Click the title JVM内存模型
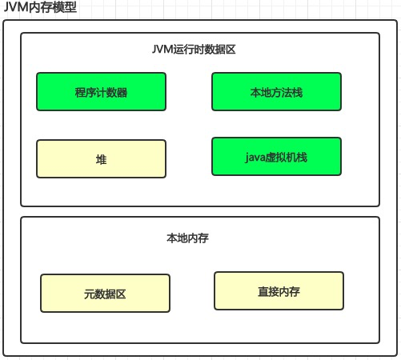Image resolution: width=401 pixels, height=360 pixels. pyautogui.click(x=40, y=7)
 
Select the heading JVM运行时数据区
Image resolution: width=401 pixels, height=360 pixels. pyautogui.click(x=194, y=50)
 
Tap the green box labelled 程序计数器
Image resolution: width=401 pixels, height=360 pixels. pyautogui.click(x=101, y=91)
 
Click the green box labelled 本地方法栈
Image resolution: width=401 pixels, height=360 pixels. pyautogui.click(x=276, y=91)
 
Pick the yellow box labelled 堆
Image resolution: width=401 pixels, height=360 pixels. pyautogui.click(x=101, y=158)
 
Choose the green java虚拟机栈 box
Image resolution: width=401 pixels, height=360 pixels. pyautogui.click(x=276, y=156)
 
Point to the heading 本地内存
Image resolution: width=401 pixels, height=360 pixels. pyautogui.click(x=187, y=238)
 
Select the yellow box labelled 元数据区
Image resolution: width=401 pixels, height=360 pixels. pyautogui.click(x=105, y=293)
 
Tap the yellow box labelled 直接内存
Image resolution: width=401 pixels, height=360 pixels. pyautogui.click(x=279, y=290)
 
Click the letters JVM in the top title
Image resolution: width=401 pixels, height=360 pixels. pyautogui.click(x=16, y=7)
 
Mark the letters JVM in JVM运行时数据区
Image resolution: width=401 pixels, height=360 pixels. pyautogui.click(x=162, y=50)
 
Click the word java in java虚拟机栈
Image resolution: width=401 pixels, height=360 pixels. pyautogui.click(x=255, y=158)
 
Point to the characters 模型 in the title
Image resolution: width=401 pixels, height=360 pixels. pyautogui.click(x=65, y=7)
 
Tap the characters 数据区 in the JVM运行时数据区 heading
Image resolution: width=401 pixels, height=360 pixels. pyautogui.click(x=220, y=50)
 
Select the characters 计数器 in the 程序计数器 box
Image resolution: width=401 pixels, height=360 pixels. pyautogui.click(x=112, y=93)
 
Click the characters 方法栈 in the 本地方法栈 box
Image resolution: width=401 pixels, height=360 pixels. pyautogui.click(x=287, y=93)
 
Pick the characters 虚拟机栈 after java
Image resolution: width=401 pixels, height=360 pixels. pyautogui.click(x=287, y=157)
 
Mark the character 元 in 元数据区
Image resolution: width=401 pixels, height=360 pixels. pyautogui.click(x=89, y=294)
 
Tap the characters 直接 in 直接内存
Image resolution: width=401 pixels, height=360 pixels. pyautogui.click(x=268, y=291)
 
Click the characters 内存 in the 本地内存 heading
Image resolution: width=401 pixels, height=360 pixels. pyautogui.click(x=198, y=238)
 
